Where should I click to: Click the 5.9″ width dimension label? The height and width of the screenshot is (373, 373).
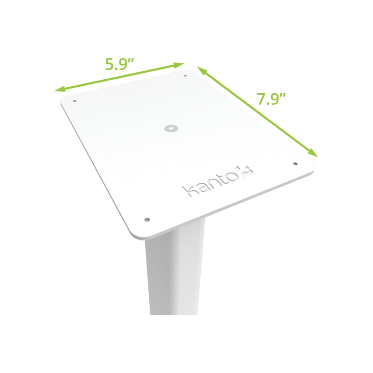(x=120, y=62)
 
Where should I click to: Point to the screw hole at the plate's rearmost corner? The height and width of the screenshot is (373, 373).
(x=186, y=76)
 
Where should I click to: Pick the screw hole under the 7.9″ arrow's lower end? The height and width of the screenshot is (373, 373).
(x=295, y=163)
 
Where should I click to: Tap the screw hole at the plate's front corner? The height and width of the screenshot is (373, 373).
(x=147, y=219)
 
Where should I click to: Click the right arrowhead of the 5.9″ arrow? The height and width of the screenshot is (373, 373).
(x=180, y=65)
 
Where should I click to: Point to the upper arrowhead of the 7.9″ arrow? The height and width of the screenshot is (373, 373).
(x=200, y=70)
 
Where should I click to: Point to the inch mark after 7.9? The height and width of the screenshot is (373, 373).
(x=283, y=95)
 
